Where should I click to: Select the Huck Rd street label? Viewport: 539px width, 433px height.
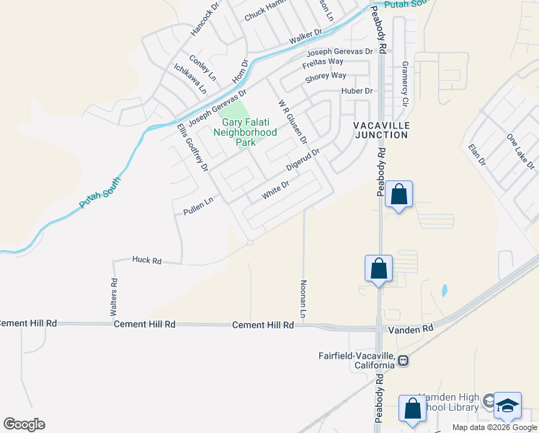[x=147, y=260]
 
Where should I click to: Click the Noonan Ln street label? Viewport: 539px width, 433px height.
[x=303, y=299]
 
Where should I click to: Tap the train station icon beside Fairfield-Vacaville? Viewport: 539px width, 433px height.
[x=404, y=360]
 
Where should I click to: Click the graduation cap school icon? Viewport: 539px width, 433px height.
[x=507, y=406]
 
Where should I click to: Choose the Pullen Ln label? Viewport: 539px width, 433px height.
[x=198, y=207]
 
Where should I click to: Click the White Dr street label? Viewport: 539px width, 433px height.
[x=275, y=190]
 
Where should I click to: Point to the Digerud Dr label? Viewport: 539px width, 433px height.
[x=303, y=159]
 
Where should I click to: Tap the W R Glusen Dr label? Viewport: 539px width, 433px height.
[x=293, y=121]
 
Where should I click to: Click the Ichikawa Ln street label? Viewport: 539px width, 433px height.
[x=190, y=79]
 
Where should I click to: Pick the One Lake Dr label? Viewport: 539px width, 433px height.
[x=521, y=152]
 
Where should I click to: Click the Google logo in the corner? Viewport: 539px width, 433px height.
[x=24, y=424]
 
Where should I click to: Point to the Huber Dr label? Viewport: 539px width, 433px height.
[x=357, y=91]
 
